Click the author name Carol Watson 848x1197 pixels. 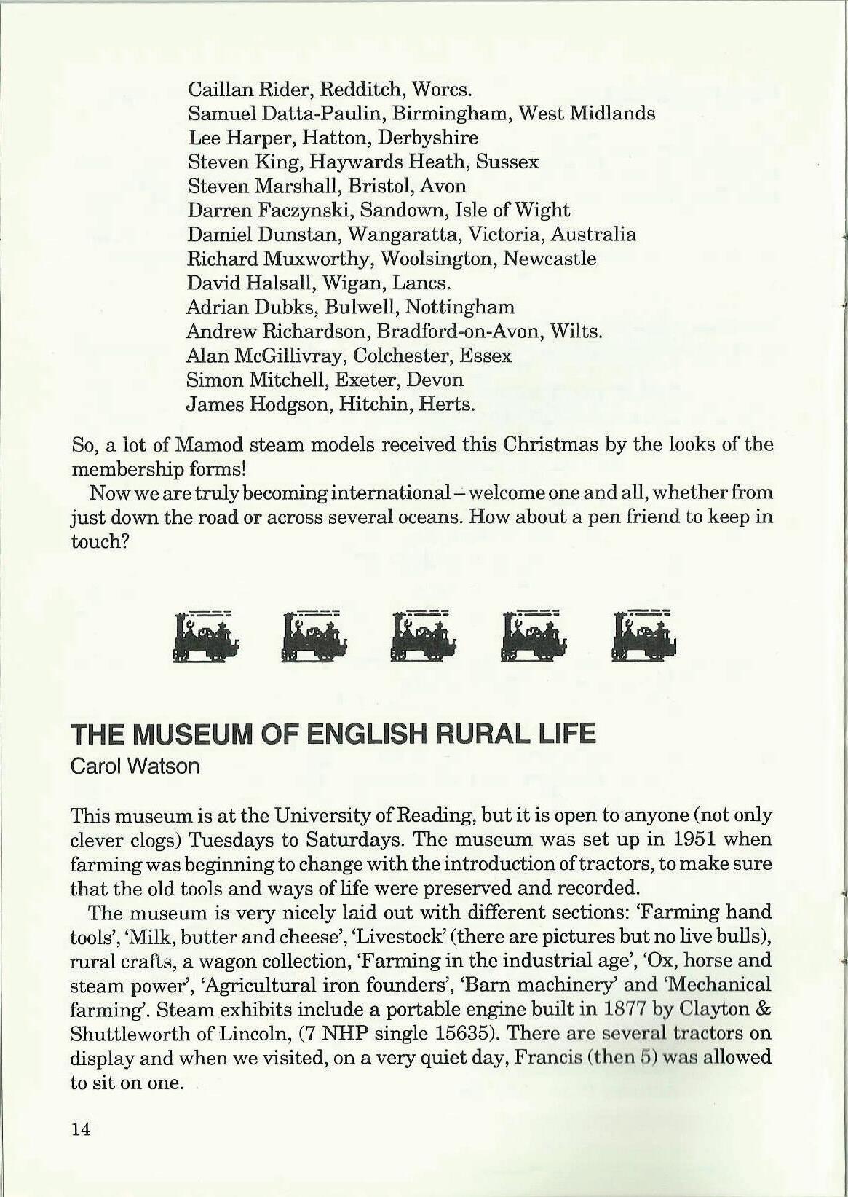pos(135,767)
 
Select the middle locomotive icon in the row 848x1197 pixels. pos(424,637)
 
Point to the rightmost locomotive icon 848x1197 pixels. pos(644,637)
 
